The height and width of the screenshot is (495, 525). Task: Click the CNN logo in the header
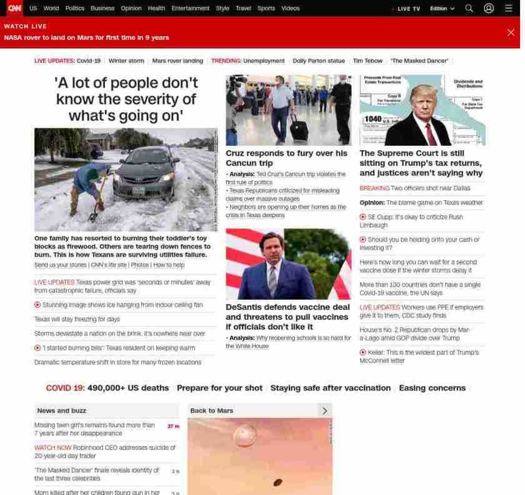tap(14, 8)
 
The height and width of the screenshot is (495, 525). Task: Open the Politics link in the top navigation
tap(75, 8)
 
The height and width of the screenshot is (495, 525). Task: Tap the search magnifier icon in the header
tap(469, 8)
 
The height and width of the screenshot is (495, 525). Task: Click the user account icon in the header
tap(489, 8)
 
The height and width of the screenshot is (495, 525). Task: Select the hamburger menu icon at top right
tap(508, 8)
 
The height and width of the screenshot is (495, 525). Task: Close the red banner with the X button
tap(511, 33)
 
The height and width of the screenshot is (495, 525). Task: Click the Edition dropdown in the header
tap(442, 9)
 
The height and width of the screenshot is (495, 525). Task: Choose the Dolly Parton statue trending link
tap(319, 61)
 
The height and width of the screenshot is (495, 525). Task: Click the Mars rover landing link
tap(177, 61)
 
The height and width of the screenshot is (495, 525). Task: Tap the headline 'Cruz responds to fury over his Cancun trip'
tap(286, 158)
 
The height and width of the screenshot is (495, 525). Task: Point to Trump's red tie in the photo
tap(431, 133)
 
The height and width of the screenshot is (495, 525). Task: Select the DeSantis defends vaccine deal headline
tap(287, 317)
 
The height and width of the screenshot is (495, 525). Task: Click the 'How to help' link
tap(169, 265)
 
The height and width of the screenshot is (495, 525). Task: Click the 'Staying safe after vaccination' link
tap(331, 388)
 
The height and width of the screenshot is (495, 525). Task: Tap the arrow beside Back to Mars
tap(324, 411)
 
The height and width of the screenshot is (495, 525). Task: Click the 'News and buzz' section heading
tap(62, 411)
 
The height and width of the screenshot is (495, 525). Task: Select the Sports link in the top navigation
tap(266, 8)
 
